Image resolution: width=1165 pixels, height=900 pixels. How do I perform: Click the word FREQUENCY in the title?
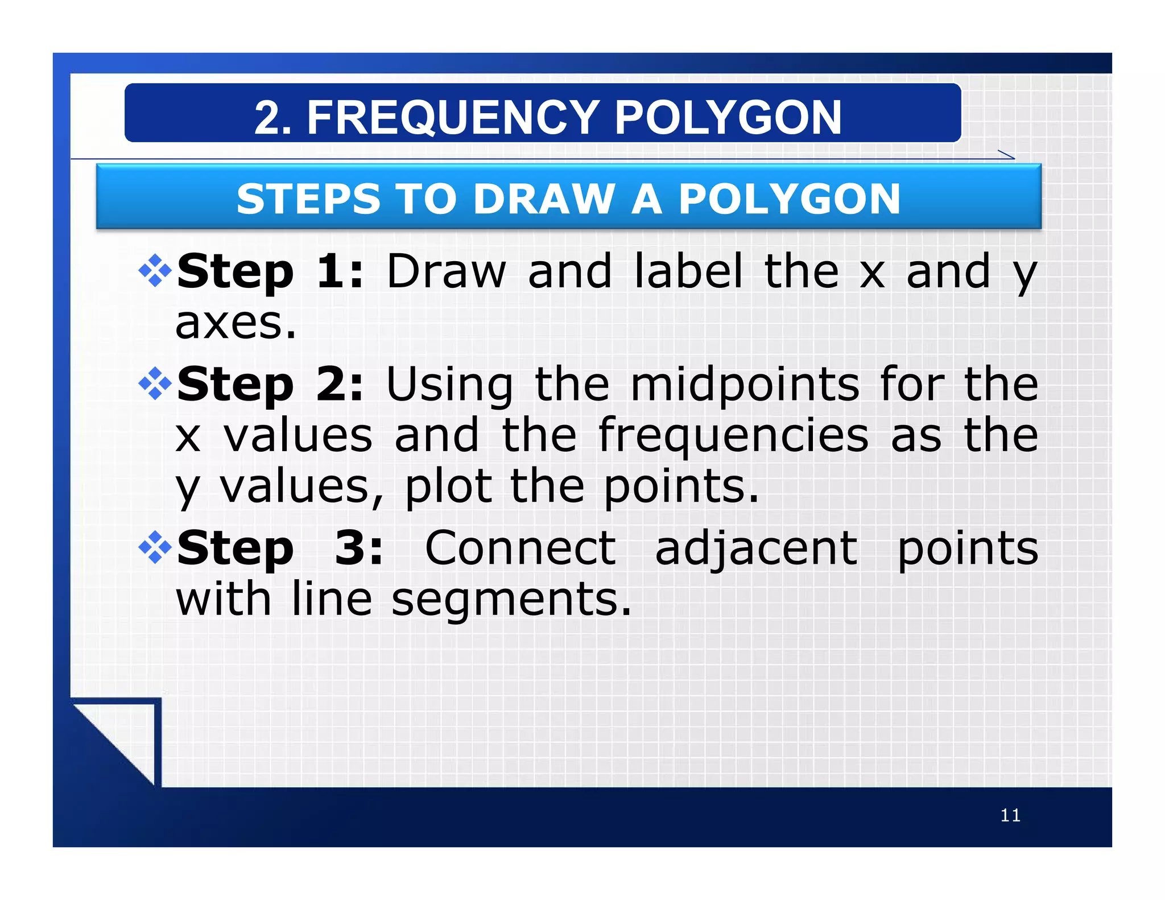pyautogui.click(x=452, y=118)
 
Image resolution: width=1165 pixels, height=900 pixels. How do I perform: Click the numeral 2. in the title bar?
pyautogui.click(x=272, y=118)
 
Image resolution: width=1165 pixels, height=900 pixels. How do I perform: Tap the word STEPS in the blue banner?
pyautogui.click(x=308, y=199)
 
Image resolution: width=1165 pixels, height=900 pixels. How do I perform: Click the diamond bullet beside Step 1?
pyautogui.click(x=155, y=271)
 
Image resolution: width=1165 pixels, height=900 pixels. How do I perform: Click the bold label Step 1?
pyautogui.click(x=270, y=272)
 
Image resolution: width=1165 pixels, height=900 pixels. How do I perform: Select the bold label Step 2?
pyautogui.click(x=270, y=385)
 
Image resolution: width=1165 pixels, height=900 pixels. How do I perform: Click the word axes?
pyautogui.click(x=236, y=323)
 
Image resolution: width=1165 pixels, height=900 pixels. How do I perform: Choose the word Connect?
pyautogui.click(x=520, y=548)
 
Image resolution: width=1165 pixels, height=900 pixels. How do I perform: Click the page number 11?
pyautogui.click(x=1010, y=815)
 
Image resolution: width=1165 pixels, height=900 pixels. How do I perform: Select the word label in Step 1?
pyautogui.click(x=688, y=272)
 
